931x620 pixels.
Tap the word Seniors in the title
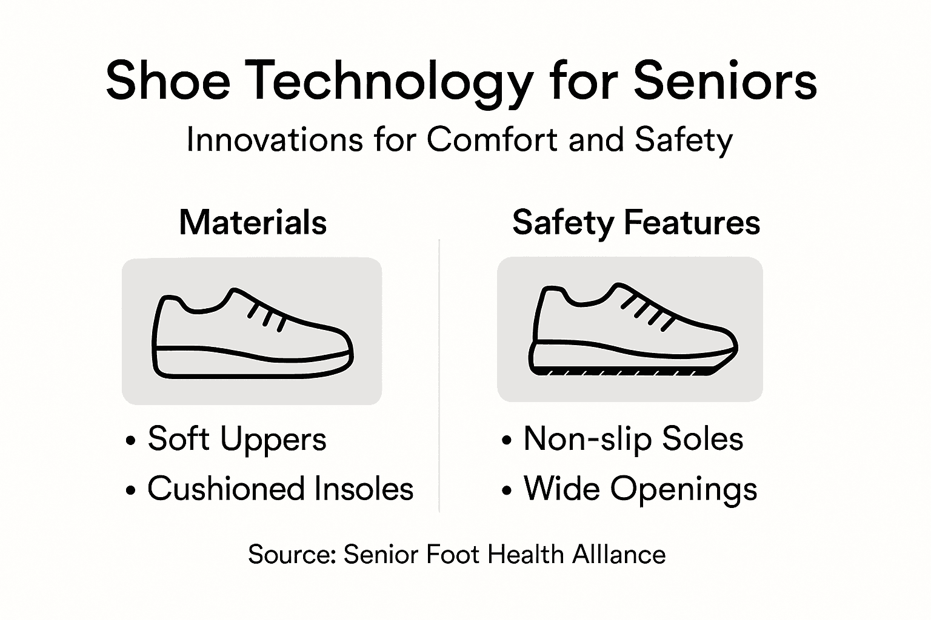tap(725, 82)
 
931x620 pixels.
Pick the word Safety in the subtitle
tap(684, 140)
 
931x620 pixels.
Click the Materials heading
tap(253, 222)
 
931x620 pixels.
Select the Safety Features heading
tap(636, 222)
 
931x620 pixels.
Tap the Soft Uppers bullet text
tap(237, 439)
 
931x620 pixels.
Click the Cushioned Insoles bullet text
tap(280, 489)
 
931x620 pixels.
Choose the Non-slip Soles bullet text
tap(633, 439)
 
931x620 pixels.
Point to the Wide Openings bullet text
tap(641, 489)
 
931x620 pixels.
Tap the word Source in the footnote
tap(292, 555)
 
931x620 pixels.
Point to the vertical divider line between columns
tap(439, 375)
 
